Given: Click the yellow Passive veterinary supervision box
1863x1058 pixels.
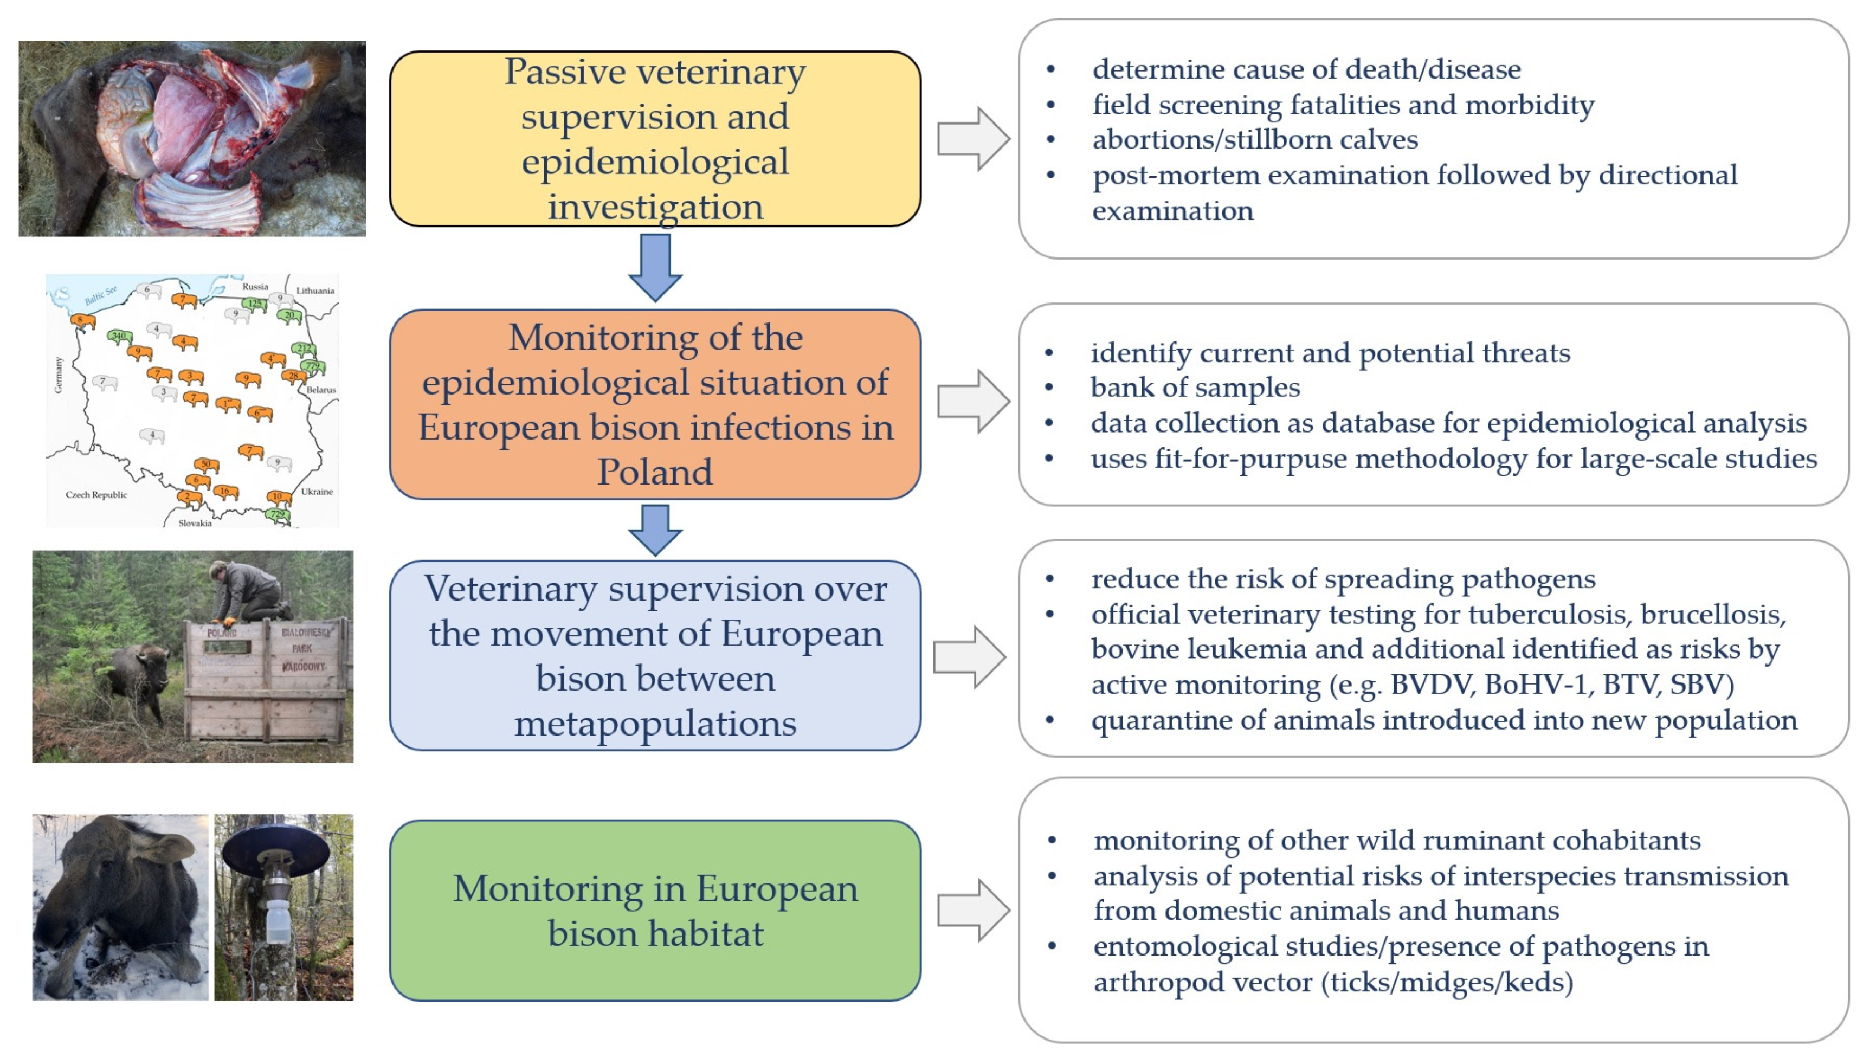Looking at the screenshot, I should pos(655,139).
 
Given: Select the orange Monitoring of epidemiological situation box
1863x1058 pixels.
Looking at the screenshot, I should pos(655,404).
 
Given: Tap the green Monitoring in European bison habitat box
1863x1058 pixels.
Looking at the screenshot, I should pos(655,911).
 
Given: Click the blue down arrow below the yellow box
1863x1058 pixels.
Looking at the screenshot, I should pos(655,267).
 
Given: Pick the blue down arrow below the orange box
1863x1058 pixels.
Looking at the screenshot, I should pos(655,530).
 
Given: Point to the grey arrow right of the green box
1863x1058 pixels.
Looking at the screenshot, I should pos(973,911).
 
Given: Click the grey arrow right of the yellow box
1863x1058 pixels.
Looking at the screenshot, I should pos(973,139).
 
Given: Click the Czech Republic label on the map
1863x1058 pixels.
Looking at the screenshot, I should pos(96,495).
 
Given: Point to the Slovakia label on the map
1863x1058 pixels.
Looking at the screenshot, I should pos(195,523).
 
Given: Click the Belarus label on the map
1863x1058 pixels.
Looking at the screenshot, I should pos(321,390).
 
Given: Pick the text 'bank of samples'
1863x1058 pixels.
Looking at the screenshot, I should pos(1195,388).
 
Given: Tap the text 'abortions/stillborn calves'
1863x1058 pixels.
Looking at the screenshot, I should pos(1255,139).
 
